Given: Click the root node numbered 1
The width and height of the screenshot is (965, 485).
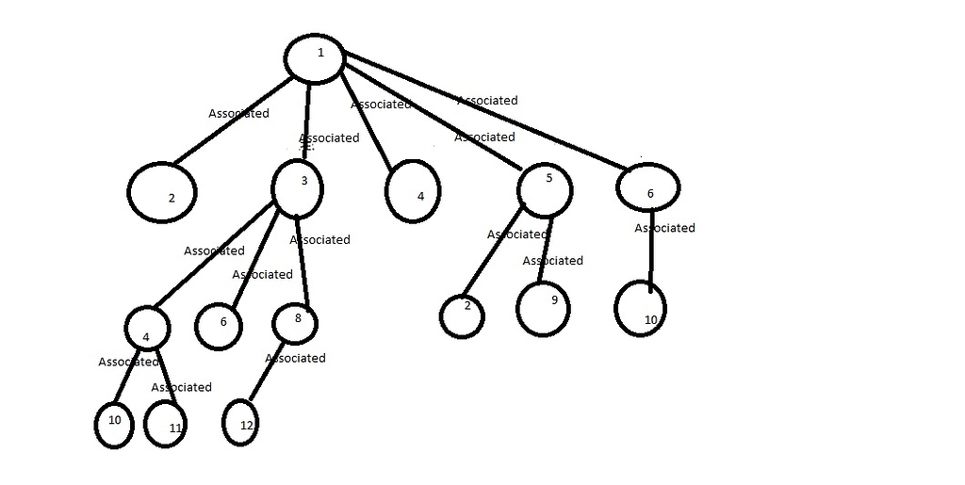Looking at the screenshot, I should click(x=319, y=57).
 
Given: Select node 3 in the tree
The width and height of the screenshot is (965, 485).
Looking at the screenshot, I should click(x=297, y=187).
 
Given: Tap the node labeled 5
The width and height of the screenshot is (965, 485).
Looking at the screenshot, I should click(x=545, y=190).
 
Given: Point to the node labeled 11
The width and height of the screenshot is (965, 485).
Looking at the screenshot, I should click(x=165, y=425).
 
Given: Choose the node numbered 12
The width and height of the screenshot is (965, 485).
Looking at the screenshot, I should click(x=242, y=423).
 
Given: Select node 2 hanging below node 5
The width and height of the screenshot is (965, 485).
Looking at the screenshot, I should click(x=462, y=315).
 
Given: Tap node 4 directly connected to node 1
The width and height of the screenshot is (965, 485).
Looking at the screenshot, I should click(x=413, y=191).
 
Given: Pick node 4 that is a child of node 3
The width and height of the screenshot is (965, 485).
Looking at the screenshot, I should click(x=147, y=329).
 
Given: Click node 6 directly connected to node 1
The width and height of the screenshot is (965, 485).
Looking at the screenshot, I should click(x=648, y=187).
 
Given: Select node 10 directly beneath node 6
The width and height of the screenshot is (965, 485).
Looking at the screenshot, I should click(x=642, y=308).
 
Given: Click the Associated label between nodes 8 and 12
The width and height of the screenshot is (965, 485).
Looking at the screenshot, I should click(x=296, y=358).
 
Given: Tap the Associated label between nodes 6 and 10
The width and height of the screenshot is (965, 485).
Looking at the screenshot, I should click(x=664, y=228).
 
